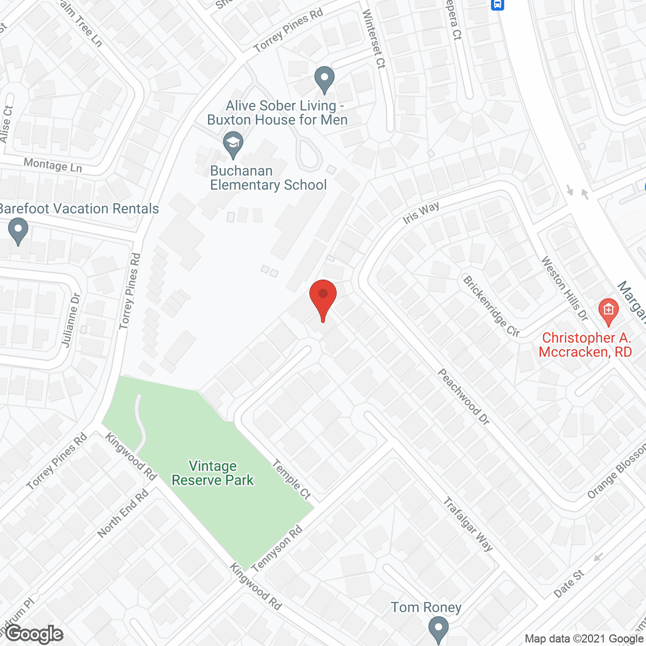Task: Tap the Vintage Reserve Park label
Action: (212, 473)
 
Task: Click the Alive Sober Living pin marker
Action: (325, 79)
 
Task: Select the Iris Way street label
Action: (421, 213)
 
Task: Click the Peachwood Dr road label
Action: (463, 397)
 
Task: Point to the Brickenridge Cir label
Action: (491, 306)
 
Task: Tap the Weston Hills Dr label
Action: (564, 288)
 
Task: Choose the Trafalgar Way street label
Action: (468, 524)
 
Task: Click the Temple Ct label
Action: (292, 479)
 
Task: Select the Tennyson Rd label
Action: (277, 549)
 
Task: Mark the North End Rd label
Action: (123, 513)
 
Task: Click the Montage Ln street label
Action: (52, 165)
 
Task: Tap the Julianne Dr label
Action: (71, 320)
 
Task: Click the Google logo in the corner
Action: (35, 633)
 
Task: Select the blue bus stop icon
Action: (498, 5)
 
